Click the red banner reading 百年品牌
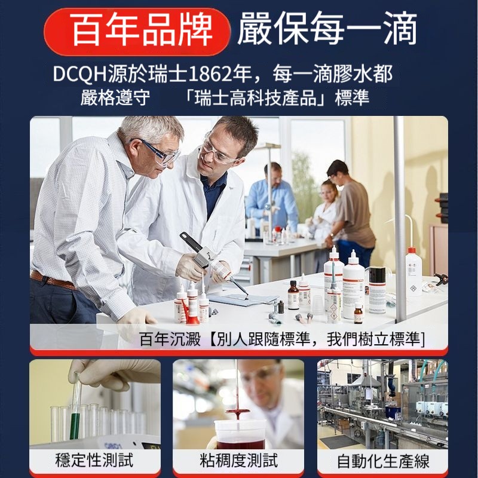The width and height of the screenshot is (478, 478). click(x=137, y=32)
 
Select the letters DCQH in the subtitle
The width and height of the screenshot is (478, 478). click(x=80, y=74)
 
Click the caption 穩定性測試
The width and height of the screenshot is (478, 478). click(x=94, y=460)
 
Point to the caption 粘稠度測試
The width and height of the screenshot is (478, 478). click(x=238, y=460)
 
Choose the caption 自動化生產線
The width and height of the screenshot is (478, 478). click(x=383, y=461)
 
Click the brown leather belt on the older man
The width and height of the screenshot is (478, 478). click(x=53, y=280)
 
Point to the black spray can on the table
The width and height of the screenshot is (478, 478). click(x=377, y=290)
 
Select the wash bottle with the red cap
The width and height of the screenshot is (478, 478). click(x=413, y=271)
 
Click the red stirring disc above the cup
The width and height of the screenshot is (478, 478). click(x=237, y=411)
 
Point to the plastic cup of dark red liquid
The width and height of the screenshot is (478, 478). click(x=240, y=434)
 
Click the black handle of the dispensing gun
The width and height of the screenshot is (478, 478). click(x=191, y=243)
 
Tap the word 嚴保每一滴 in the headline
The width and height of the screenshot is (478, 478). click(x=327, y=28)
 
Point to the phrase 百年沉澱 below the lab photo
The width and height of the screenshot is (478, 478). click(x=170, y=339)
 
